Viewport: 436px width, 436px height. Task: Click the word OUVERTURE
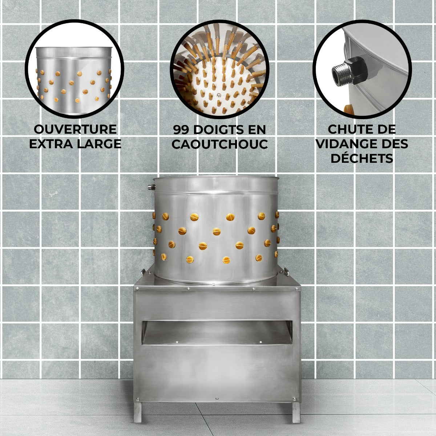tap(75, 129)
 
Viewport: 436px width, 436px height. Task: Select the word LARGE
tap(99, 144)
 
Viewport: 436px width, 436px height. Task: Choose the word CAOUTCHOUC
tap(220, 144)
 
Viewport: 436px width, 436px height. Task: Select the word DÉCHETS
tap(362, 158)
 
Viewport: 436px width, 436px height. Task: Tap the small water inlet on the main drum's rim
tap(151, 187)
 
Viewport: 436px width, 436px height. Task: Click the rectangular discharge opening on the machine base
tap(217, 332)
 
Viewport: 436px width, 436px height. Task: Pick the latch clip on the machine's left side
tap(143, 272)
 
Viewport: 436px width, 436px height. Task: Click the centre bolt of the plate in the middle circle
tap(219, 95)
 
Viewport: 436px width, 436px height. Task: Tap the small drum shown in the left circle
tap(74, 80)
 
